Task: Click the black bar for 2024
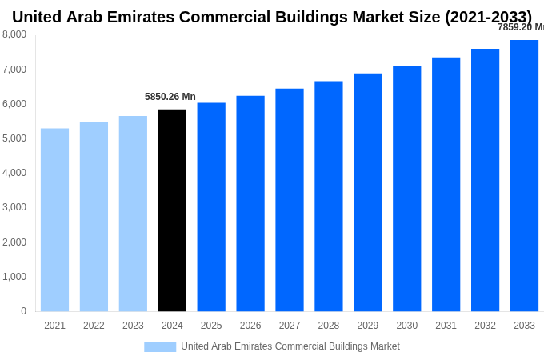pyautogui.click(x=172, y=210)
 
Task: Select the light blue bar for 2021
pyautogui.click(x=54, y=220)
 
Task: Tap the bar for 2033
pyautogui.click(x=524, y=176)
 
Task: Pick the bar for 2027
pyautogui.click(x=290, y=200)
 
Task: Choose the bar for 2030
pyautogui.click(x=406, y=189)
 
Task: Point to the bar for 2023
pyautogui.click(x=133, y=214)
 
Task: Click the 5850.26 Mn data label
pyautogui.click(x=170, y=97)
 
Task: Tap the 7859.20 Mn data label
pyautogui.click(x=520, y=27)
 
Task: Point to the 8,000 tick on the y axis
pyautogui.click(x=14, y=34)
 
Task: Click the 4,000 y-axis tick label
pyautogui.click(x=14, y=173)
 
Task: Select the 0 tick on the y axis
pyautogui.click(x=23, y=311)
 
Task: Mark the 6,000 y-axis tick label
pyautogui.click(x=14, y=104)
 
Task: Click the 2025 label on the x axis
pyautogui.click(x=211, y=326)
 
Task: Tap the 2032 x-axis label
pyautogui.click(x=485, y=326)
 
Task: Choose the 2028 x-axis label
pyautogui.click(x=329, y=326)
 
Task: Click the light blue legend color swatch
pyautogui.click(x=160, y=347)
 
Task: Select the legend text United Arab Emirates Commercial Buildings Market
pyautogui.click(x=290, y=346)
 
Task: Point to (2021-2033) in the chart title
pyautogui.click(x=488, y=17)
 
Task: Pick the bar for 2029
pyautogui.click(x=368, y=193)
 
